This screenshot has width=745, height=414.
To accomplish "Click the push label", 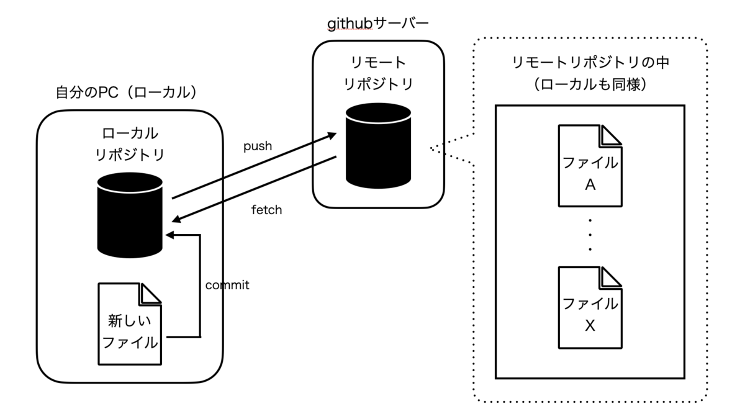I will [x=258, y=146].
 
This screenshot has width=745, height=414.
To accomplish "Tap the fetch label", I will [x=267, y=210].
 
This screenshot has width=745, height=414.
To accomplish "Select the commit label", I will [x=227, y=285].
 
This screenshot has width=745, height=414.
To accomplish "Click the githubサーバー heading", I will [x=378, y=24].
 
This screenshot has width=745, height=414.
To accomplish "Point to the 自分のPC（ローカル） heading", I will [x=126, y=93].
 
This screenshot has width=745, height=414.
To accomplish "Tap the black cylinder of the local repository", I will [x=130, y=211].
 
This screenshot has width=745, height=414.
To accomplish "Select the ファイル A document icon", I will [x=590, y=166].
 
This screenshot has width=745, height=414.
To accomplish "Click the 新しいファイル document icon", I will [x=130, y=323].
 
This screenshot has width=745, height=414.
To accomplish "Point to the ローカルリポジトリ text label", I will [x=130, y=144].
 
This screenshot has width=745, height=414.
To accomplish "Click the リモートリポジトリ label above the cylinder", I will [x=378, y=73].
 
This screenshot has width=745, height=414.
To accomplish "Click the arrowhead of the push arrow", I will [x=333, y=133].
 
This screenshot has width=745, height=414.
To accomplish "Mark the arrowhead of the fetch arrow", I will [x=176, y=218].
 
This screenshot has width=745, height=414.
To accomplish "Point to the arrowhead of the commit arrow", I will [x=169, y=235].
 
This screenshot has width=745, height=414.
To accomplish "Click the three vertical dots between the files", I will [x=590, y=235].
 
